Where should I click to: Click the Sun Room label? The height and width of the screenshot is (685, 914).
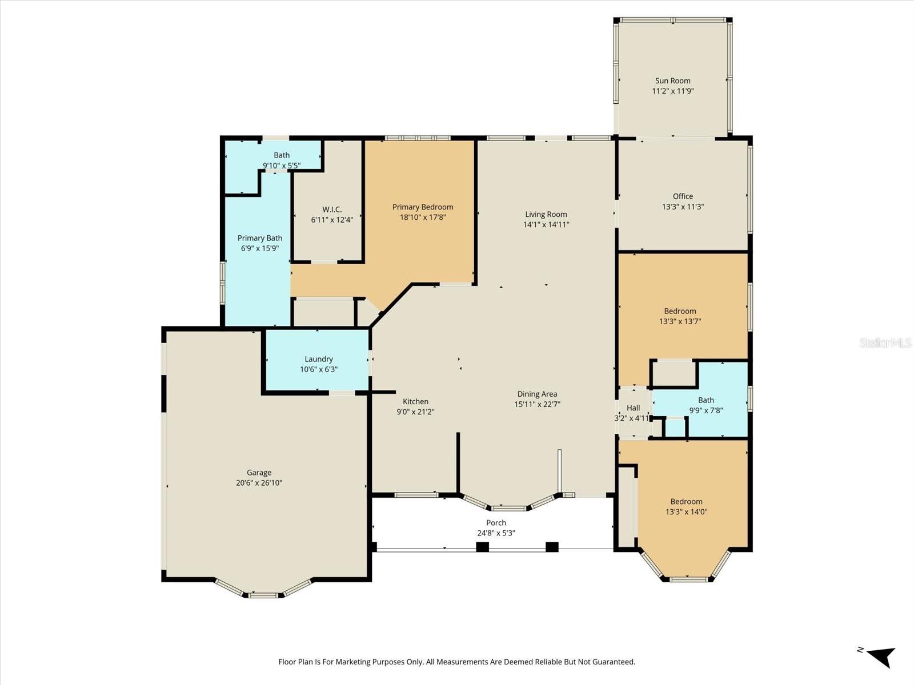click(672, 80)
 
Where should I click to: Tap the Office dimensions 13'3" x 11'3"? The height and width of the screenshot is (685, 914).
click(683, 207)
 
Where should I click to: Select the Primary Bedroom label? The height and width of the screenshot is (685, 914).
click(422, 207)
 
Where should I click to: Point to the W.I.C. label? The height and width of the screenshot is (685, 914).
click(332, 209)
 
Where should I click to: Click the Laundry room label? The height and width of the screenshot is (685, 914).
click(318, 359)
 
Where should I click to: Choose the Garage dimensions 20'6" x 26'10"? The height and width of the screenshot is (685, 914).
click(259, 483)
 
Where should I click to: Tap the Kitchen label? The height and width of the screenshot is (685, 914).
click(415, 401)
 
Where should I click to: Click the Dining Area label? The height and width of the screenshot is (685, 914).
click(537, 394)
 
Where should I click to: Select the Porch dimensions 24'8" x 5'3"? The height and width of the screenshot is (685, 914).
click(496, 533)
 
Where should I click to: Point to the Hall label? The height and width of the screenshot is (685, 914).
click(633, 408)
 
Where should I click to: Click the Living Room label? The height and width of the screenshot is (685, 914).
click(546, 214)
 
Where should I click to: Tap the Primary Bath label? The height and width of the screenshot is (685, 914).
click(260, 238)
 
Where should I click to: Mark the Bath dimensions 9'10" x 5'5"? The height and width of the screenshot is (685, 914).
click(282, 166)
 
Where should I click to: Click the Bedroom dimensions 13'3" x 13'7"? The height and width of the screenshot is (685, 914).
click(680, 321)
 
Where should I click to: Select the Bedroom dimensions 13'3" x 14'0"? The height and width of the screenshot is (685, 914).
click(686, 512)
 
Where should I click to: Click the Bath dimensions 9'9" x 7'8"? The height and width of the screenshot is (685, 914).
click(705, 410)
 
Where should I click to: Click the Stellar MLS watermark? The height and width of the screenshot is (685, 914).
click(885, 343)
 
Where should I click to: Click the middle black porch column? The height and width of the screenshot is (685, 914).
click(483, 547)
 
